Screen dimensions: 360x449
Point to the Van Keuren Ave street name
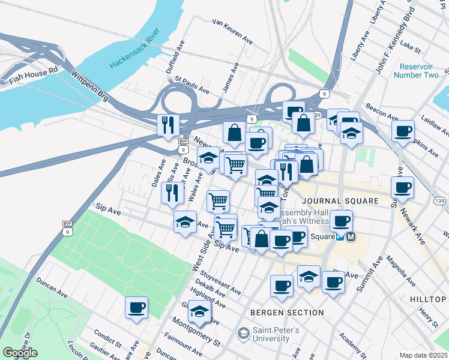[x=232, y=30]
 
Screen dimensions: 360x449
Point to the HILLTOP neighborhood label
[x=429, y=299]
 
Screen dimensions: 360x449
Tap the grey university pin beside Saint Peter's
[x=243, y=332]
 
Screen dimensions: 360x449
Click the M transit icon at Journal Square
[x=351, y=236]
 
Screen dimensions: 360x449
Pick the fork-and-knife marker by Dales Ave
[x=172, y=192]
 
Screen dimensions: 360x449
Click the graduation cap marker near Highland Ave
[x=199, y=311]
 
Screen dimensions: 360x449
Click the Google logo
[x=20, y=353]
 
